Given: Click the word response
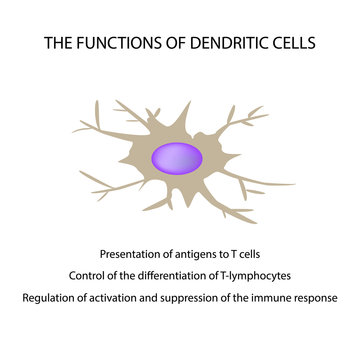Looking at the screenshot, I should [x=316, y=298].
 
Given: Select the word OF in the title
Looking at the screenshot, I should [x=170, y=44].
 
